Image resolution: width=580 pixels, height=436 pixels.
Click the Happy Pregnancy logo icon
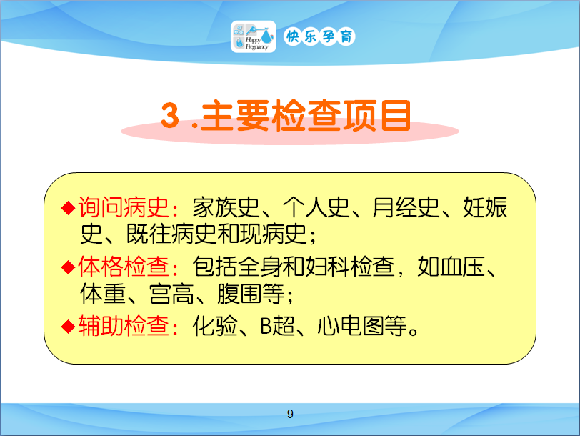click(x=254, y=36)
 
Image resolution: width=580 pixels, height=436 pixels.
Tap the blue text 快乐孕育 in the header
click(x=319, y=36)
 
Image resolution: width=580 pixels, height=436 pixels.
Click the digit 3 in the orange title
click(x=170, y=115)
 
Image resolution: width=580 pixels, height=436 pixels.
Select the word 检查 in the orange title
click(x=306, y=116)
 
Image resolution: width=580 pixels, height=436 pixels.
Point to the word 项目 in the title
click(x=376, y=116)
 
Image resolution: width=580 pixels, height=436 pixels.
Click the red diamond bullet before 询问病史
click(x=68, y=208)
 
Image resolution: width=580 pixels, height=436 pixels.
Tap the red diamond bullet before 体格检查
click(x=68, y=267)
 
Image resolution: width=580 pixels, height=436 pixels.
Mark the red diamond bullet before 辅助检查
click(x=68, y=327)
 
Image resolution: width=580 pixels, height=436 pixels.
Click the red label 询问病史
click(x=124, y=207)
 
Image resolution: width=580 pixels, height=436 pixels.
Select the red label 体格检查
click(x=124, y=267)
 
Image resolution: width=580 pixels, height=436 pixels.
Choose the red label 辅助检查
click(x=124, y=326)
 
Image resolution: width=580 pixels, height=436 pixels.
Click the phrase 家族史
click(x=226, y=207)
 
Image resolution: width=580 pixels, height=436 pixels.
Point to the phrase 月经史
click(x=406, y=207)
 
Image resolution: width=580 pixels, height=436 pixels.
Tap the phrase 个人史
click(x=316, y=207)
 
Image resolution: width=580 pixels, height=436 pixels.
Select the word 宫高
click(x=171, y=294)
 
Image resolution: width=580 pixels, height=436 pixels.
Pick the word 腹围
click(x=240, y=294)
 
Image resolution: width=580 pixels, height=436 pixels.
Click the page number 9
click(x=291, y=414)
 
